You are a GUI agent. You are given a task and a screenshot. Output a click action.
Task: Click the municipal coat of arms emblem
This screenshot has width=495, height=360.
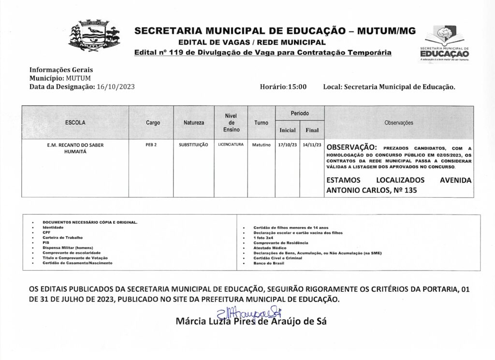tap(94, 35)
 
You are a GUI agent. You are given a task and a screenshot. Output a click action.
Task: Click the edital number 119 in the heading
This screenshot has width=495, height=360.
tap(174, 52)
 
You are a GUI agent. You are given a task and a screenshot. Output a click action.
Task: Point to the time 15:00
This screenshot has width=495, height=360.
tap(297, 87)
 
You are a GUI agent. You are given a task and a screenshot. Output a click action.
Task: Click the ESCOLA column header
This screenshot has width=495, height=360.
tap(75, 123)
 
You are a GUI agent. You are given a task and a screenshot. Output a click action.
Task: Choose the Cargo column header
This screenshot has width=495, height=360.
tap(153, 123)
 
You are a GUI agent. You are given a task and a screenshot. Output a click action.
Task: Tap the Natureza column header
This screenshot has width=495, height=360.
tap(193, 123)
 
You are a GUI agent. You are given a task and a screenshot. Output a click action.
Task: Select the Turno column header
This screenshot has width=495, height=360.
tap(261, 123)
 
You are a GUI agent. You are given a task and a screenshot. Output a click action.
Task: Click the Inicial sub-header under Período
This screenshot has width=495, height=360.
tap(287, 130)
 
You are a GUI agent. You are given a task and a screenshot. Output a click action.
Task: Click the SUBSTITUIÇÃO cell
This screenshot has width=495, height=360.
tap(193, 144)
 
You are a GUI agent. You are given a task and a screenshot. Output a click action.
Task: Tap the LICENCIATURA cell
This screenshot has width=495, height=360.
tap(231, 144)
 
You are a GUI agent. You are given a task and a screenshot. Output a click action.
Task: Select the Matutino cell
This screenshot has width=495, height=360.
tap(261, 144)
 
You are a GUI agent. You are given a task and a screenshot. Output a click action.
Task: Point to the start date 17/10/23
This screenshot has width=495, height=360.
tap(287, 144)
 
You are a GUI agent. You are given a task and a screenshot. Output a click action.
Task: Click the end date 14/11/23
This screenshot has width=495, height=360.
tap(311, 144)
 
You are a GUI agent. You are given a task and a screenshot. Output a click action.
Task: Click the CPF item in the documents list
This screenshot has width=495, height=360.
tap(46, 232)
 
